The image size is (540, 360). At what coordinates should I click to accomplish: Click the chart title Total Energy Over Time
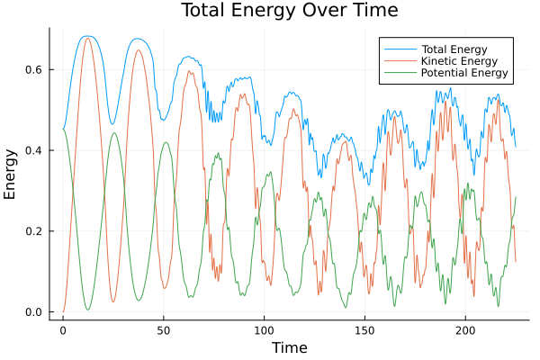pos(276,11)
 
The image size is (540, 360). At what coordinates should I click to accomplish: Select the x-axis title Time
pos(289,348)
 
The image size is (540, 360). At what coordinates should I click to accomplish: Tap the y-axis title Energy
pos(12,175)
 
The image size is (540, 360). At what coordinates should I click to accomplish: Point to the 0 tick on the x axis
pos(63,330)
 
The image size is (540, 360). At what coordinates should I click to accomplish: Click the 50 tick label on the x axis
pos(163,330)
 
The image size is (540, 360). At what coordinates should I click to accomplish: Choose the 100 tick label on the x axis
pos(264,330)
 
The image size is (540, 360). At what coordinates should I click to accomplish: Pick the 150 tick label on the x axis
pos(364,330)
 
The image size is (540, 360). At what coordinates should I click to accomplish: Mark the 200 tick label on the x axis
pos(464,330)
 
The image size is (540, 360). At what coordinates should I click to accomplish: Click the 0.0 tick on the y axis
pos(33,312)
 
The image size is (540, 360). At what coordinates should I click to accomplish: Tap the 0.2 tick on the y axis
pos(33,231)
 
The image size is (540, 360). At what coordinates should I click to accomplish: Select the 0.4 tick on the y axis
pos(33,150)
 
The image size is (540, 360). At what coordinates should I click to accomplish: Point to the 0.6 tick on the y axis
pos(33,69)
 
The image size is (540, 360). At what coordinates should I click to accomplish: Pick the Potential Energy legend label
pos(464,73)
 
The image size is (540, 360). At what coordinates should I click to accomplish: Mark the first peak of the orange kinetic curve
pos(87,38)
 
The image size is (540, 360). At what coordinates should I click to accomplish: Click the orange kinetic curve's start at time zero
pos(63,311)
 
